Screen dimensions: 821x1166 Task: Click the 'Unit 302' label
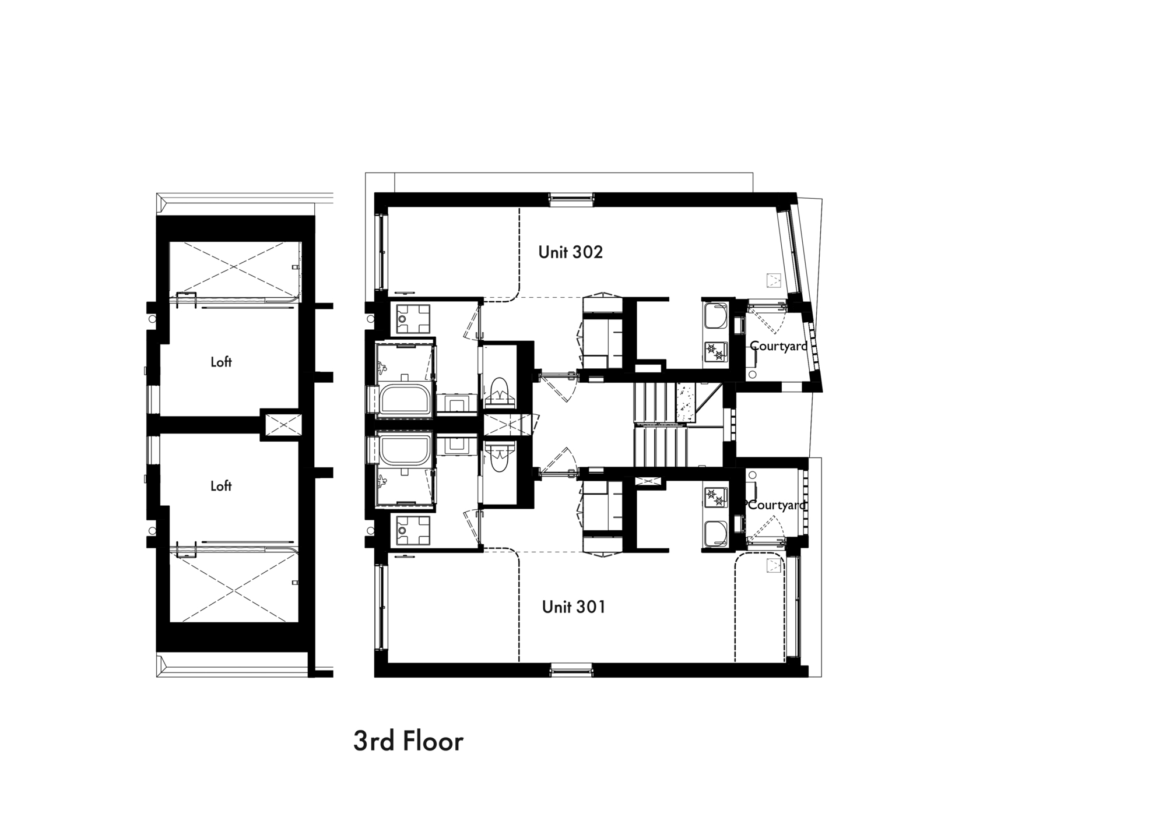(570, 252)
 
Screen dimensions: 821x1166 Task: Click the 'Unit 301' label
(574, 607)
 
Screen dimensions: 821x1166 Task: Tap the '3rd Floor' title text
(408, 741)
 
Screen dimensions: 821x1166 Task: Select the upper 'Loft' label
(221, 362)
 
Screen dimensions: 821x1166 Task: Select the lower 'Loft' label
(221, 486)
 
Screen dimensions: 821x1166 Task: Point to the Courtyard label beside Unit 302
(778, 346)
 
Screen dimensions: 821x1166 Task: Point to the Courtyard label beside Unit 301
(777, 505)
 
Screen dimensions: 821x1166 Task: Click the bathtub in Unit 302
(406, 401)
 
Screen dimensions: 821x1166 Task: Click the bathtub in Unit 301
(406, 449)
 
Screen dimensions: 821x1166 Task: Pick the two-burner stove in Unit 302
(715, 351)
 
